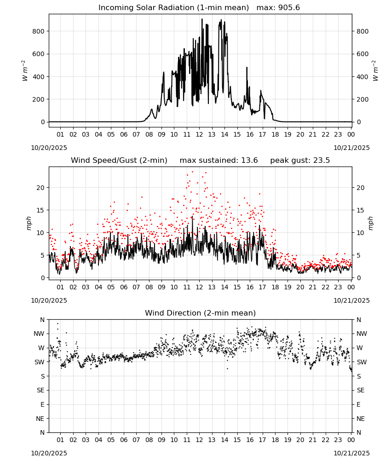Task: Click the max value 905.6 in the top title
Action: [x=289, y=8]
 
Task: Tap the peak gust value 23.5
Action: [x=322, y=161]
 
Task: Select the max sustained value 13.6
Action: [x=249, y=161]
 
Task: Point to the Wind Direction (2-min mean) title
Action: [x=201, y=313]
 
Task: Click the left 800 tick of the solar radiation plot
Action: [x=39, y=31]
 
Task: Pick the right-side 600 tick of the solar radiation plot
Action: [x=362, y=54]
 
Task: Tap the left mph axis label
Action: [x=29, y=223]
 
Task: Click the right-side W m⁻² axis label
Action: [x=375, y=71]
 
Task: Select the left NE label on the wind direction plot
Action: [x=40, y=419]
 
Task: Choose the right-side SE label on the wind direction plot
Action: [x=361, y=391]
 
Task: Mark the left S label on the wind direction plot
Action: [x=43, y=376]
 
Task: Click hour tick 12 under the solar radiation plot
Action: [x=199, y=134]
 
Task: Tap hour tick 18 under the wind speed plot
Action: [x=275, y=287]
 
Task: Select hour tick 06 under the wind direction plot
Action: [x=124, y=440]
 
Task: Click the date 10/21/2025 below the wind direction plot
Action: [x=351, y=453]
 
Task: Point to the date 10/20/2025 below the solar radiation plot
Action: [x=49, y=148]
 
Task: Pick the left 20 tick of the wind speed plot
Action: [x=40, y=188]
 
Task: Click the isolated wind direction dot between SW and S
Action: [x=227, y=369]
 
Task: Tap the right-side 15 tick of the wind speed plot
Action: [x=360, y=210]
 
